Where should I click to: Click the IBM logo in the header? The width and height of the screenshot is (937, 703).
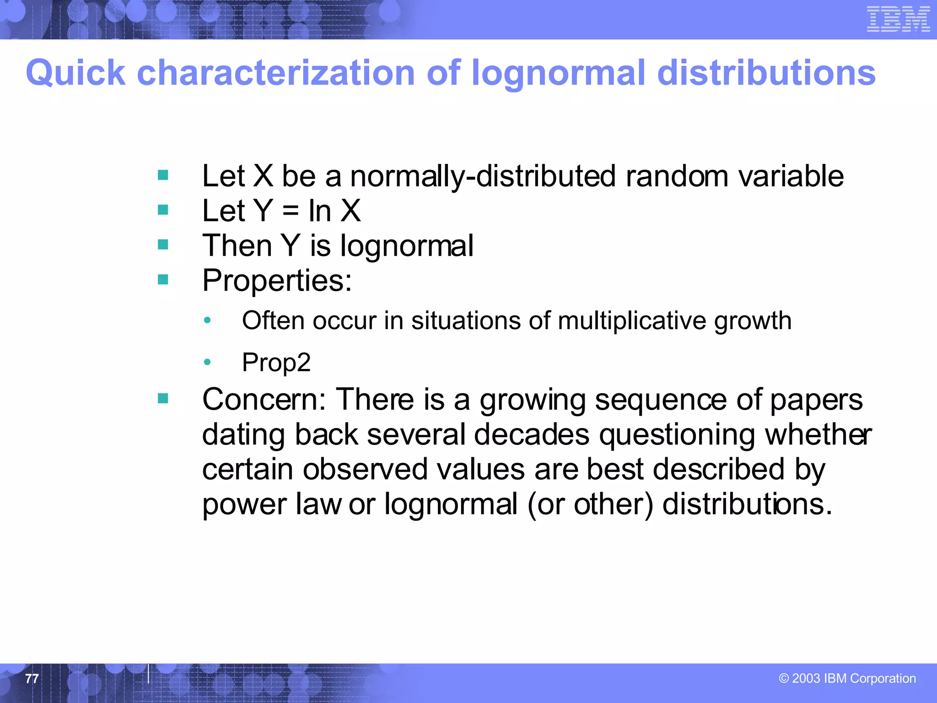point(898,19)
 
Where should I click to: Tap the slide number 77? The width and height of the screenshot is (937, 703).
point(32,678)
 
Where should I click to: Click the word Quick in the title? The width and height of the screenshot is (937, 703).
point(75,73)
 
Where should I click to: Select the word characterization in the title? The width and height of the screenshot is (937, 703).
point(276,73)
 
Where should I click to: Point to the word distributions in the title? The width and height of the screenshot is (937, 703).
point(766,73)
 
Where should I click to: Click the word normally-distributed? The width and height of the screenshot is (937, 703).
point(483,176)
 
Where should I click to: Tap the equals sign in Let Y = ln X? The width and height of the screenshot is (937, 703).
point(291,211)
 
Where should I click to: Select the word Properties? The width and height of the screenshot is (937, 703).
point(277,280)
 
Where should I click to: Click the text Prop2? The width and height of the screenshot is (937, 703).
point(276,363)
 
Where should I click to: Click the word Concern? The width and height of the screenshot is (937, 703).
point(264,400)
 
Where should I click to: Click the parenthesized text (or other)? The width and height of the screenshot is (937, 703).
point(590,504)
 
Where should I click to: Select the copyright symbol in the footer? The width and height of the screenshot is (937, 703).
point(784,678)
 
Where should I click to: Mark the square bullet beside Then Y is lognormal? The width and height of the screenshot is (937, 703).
point(163,245)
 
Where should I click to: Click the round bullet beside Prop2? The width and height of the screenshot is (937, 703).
point(207,362)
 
